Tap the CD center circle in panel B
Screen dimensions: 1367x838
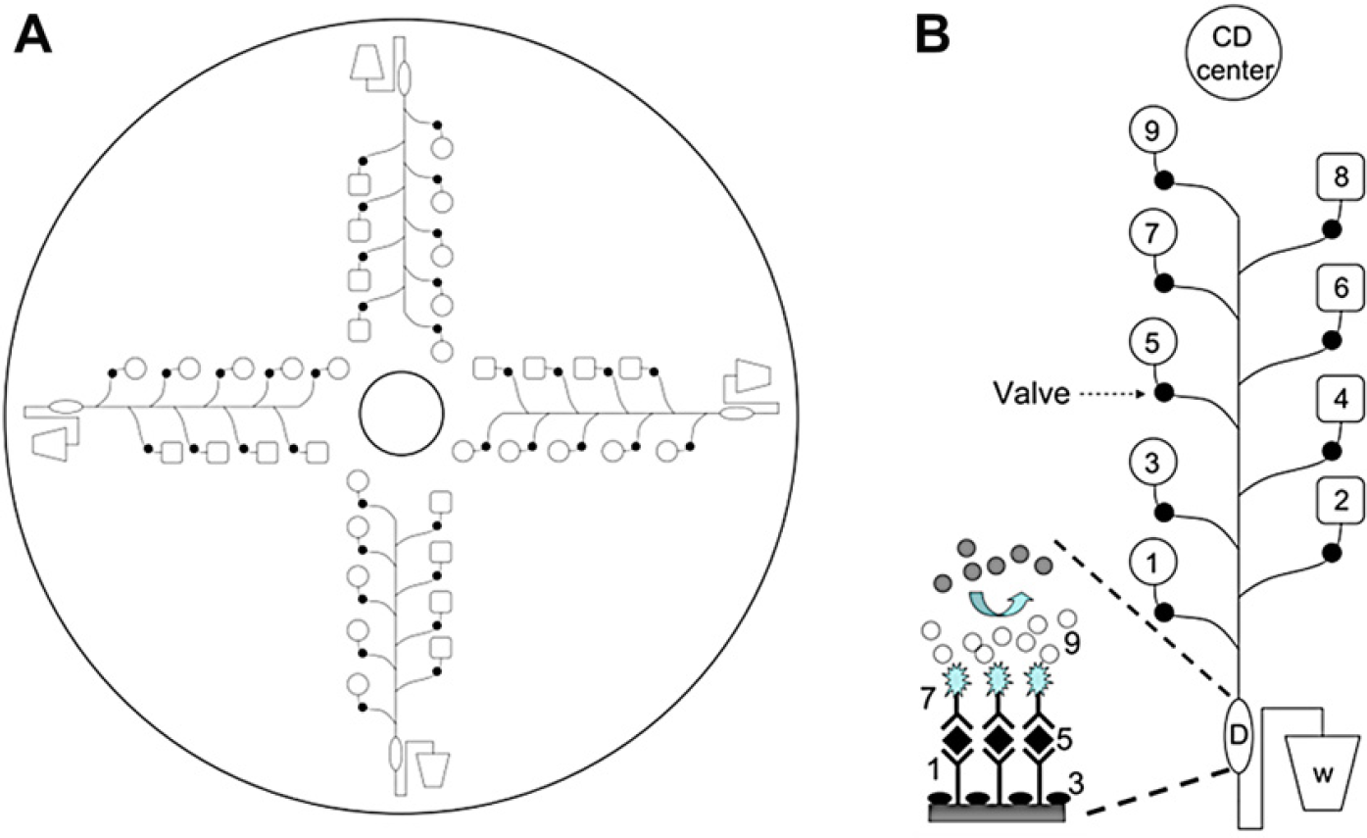click(x=1233, y=54)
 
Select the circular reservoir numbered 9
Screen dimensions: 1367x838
click(x=1151, y=130)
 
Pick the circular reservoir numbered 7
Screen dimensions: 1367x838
click(x=1151, y=232)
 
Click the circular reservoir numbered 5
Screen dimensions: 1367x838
click(x=1151, y=342)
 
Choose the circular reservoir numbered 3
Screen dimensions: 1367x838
click(x=1151, y=463)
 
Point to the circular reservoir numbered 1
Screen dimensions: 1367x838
click(x=1151, y=563)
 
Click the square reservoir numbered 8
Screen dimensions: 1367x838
click(x=1341, y=177)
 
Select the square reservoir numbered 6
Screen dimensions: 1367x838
click(x=1341, y=287)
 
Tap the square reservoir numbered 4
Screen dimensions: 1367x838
click(x=1341, y=399)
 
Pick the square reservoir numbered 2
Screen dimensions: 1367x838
click(x=1341, y=501)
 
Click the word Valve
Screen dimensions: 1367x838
click(x=1031, y=393)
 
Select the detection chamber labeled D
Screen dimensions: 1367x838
click(x=1238, y=735)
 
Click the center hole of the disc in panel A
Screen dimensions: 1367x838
click(x=402, y=414)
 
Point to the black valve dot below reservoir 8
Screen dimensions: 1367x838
click(x=1332, y=230)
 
